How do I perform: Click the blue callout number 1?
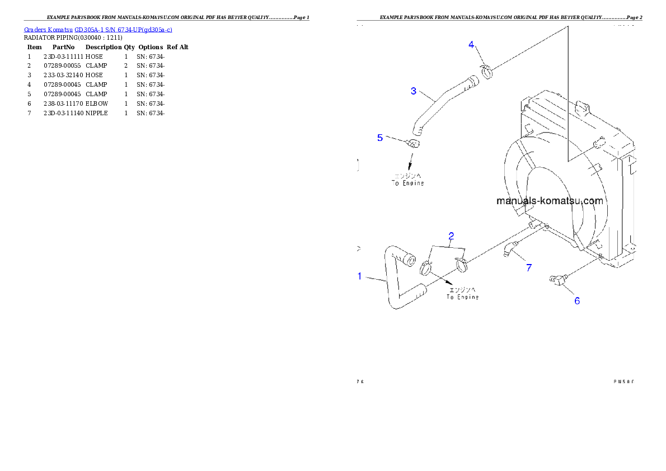[x=360, y=276]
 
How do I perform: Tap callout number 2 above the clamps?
[x=451, y=236]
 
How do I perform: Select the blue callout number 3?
[x=413, y=91]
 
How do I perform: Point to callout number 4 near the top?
[x=471, y=45]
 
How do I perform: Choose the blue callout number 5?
[x=380, y=137]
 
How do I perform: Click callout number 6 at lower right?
[x=577, y=300]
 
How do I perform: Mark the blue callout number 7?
[x=528, y=268]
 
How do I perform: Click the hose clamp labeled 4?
[x=487, y=70]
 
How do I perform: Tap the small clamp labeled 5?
[x=413, y=144]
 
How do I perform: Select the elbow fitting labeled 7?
[x=508, y=249]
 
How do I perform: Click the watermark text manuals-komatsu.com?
[x=550, y=201]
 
